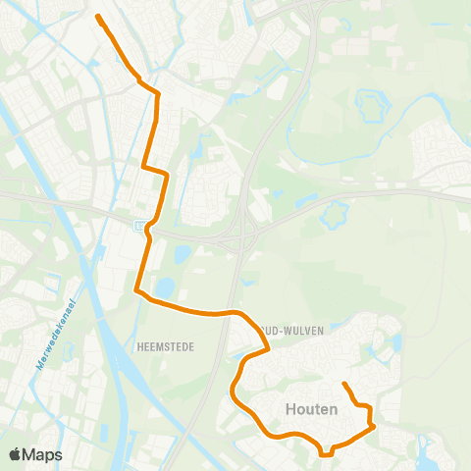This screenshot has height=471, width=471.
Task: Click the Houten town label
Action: coord(313,408)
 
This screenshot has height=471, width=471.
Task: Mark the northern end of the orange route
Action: coord(98,16)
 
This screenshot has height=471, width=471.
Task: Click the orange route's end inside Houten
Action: coord(343,384)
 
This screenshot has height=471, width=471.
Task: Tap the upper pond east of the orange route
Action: coord(183,253)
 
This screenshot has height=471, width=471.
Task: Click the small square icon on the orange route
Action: coord(139,227)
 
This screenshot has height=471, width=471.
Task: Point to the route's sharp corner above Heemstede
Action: coord(136,290)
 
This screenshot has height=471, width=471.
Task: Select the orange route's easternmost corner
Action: coord(374,425)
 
